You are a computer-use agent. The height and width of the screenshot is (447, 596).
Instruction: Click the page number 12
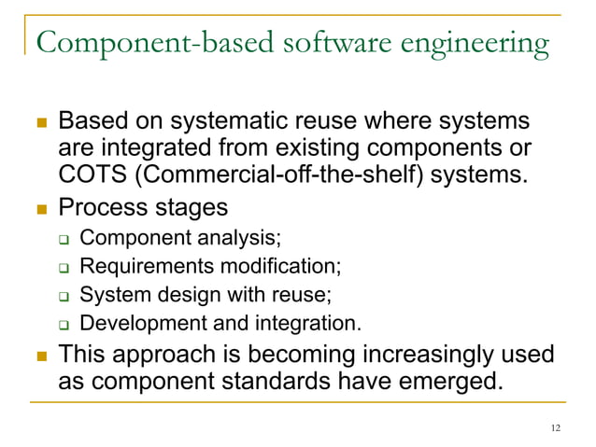point(556,427)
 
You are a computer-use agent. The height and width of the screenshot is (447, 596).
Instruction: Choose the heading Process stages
point(142,206)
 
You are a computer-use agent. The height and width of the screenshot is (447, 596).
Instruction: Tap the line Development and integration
point(219,323)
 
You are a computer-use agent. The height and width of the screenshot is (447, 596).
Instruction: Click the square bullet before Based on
point(38,124)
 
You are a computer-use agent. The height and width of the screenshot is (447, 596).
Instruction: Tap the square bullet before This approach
point(38,356)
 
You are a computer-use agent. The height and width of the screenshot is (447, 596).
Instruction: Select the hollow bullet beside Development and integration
point(64,325)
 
